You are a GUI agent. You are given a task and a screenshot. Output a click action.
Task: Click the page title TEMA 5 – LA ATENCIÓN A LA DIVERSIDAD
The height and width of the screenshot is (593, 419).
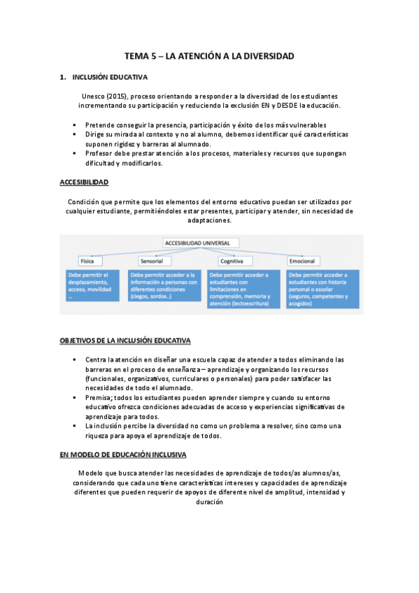(x=209, y=55)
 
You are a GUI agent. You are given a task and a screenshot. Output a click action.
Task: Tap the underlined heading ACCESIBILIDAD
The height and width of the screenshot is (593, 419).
(x=84, y=183)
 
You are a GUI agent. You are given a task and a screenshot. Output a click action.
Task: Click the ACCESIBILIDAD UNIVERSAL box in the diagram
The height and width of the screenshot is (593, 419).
(x=201, y=243)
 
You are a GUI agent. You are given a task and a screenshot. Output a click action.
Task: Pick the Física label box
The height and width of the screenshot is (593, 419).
(x=87, y=261)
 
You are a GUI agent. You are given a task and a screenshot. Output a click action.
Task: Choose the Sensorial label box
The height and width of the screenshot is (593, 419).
(x=151, y=261)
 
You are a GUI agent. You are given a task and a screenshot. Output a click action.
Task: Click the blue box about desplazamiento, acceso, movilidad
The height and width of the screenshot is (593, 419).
(x=94, y=285)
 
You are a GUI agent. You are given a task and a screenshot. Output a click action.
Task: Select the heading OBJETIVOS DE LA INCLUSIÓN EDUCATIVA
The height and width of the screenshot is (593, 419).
(x=125, y=341)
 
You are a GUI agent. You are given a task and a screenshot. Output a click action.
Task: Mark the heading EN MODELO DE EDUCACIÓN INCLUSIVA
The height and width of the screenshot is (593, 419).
(x=123, y=455)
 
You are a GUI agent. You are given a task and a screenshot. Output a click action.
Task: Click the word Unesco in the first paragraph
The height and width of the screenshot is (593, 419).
(x=94, y=95)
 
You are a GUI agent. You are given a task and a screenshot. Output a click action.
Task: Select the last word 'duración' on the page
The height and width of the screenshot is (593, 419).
(x=210, y=501)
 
